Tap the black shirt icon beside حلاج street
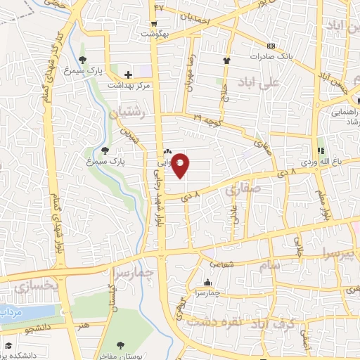point(226,61)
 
